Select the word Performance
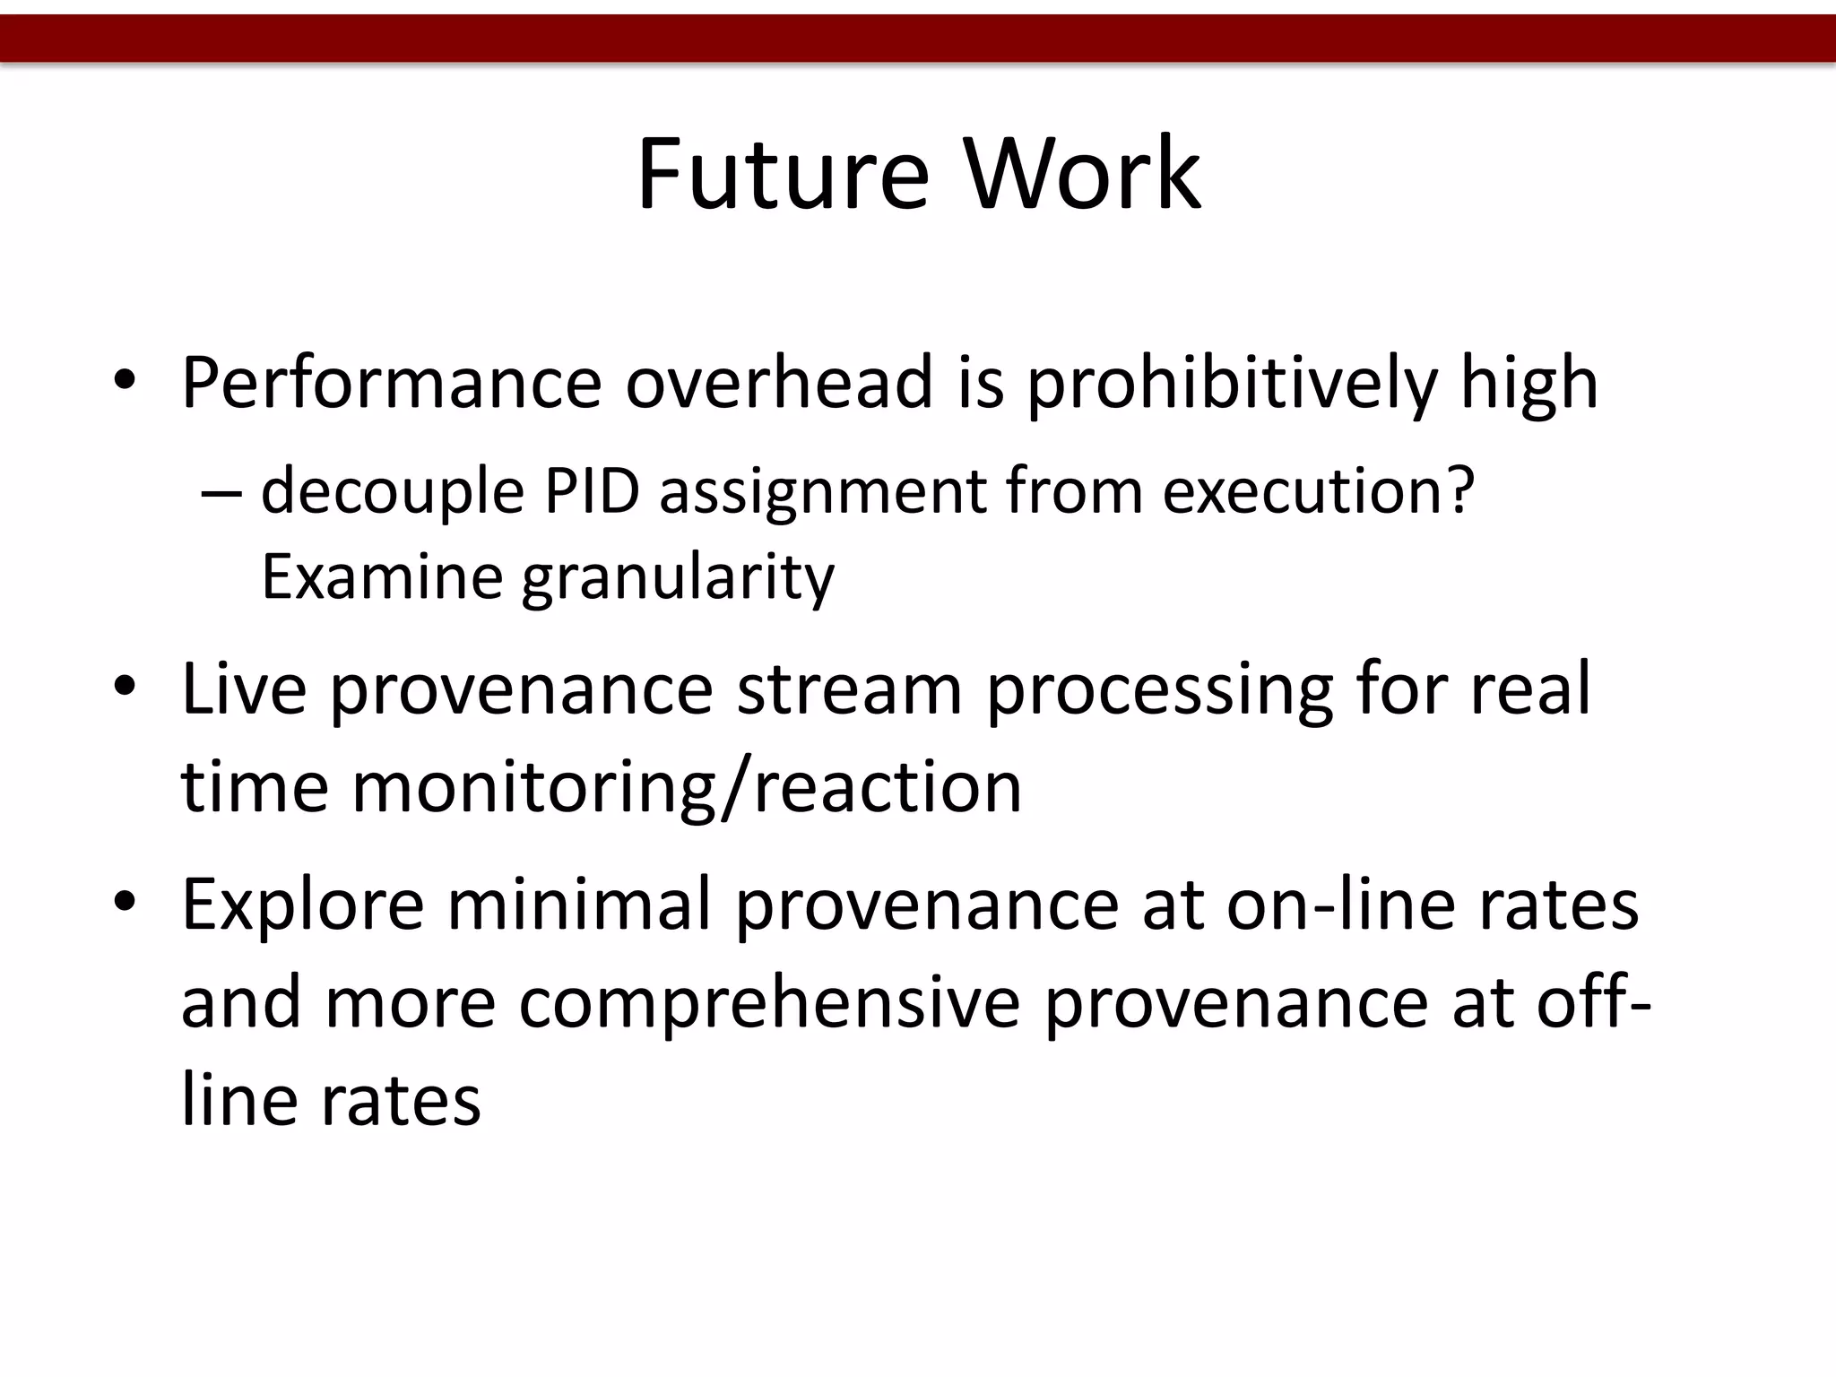coord(391,383)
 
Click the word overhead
coord(779,383)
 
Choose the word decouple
coord(392,493)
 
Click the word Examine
coord(381,576)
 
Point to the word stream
coord(849,688)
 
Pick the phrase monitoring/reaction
coord(687,788)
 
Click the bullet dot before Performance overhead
coord(125,383)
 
